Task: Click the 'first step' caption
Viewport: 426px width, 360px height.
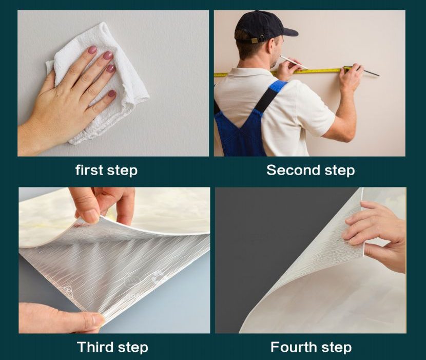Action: pos(107,170)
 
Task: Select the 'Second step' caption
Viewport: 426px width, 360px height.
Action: pos(311,170)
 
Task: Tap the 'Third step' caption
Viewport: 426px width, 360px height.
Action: pos(112,347)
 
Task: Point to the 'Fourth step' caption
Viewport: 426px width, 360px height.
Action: pos(311,347)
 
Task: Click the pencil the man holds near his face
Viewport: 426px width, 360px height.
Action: pos(294,63)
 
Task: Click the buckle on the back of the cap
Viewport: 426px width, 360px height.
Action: pos(255,41)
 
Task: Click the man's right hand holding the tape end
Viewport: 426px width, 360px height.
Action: pos(349,78)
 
